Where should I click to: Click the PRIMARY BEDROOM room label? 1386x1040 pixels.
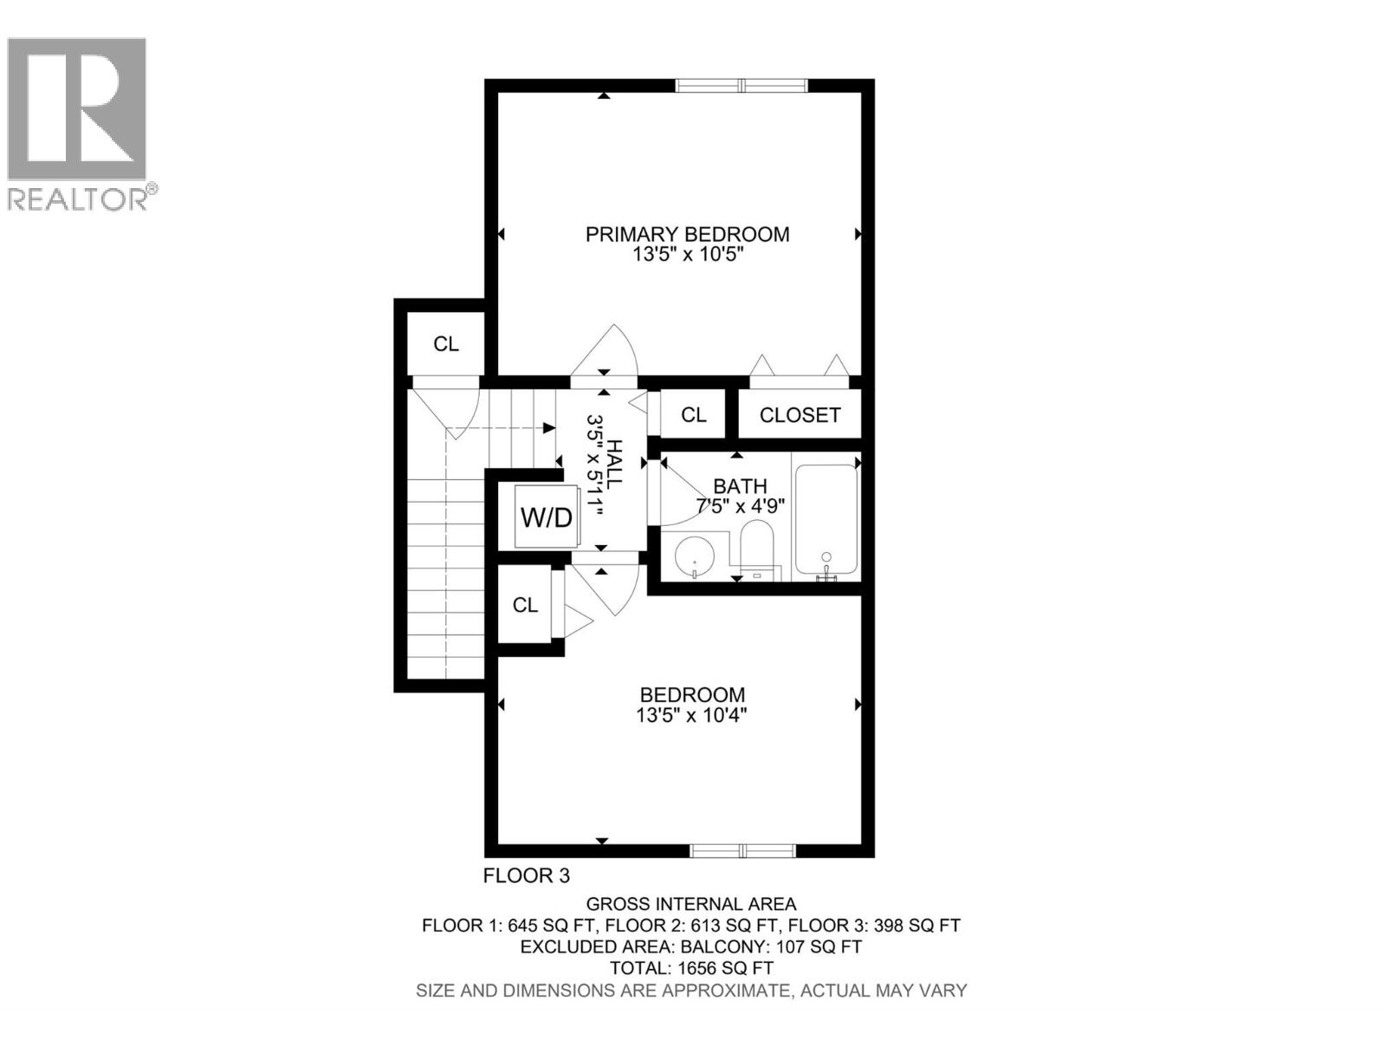(x=687, y=234)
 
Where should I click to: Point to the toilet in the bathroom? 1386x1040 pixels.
(x=756, y=549)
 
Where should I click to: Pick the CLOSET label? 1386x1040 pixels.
(x=800, y=415)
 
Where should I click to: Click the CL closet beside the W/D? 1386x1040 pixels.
(x=525, y=605)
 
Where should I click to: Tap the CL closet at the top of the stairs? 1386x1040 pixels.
(x=446, y=344)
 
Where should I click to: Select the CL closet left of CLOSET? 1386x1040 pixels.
(x=693, y=415)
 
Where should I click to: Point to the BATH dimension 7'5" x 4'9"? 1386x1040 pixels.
(x=740, y=506)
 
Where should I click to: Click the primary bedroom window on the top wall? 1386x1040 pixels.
(x=742, y=85)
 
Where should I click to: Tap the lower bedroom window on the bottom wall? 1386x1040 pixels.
(x=742, y=850)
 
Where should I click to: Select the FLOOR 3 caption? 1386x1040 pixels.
(x=527, y=876)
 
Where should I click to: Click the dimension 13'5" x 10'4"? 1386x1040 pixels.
(x=692, y=716)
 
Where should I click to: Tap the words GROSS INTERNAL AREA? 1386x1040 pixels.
(x=691, y=904)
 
